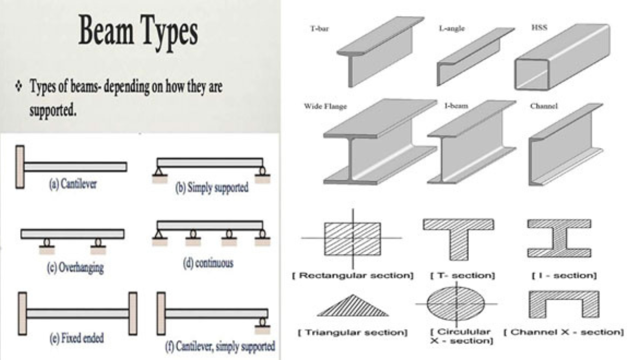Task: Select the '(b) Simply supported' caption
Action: (212, 188)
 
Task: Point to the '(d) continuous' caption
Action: (209, 263)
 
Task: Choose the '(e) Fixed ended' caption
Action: (76, 338)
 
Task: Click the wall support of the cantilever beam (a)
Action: (20, 166)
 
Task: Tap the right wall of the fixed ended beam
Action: (133, 313)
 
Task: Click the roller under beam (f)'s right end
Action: (262, 322)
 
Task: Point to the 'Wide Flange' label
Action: (325, 107)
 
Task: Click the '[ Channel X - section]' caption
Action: (563, 332)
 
